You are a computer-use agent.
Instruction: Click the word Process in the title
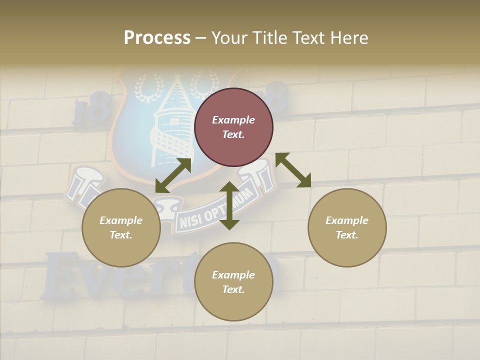click(x=157, y=38)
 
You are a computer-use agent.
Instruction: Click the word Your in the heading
click(x=229, y=38)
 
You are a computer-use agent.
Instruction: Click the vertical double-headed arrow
click(x=229, y=205)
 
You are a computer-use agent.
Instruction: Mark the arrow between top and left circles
click(x=173, y=175)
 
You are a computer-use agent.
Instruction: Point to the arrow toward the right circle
click(x=293, y=170)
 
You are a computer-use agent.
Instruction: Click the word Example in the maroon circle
click(x=233, y=120)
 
